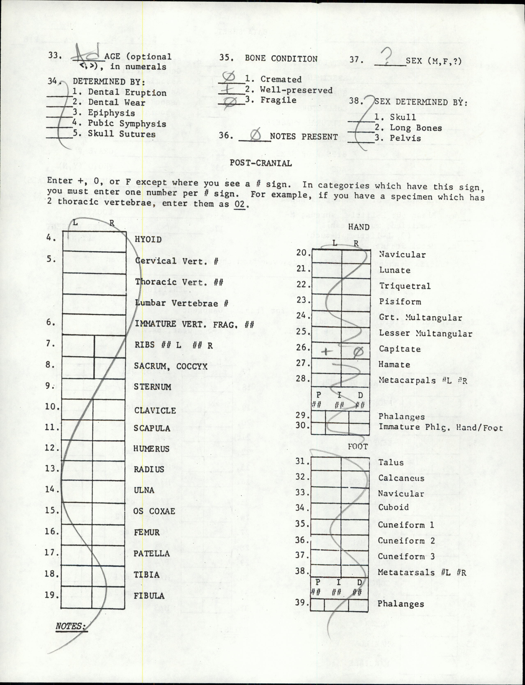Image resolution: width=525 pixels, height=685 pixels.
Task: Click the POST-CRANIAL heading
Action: [x=261, y=163]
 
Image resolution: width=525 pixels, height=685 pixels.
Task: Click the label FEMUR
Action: [x=147, y=532]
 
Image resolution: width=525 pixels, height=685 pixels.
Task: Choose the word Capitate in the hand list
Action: [x=400, y=349]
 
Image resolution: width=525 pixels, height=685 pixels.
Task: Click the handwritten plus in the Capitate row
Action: [x=326, y=352]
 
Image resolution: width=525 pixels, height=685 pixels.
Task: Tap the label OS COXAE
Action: [x=154, y=511]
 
